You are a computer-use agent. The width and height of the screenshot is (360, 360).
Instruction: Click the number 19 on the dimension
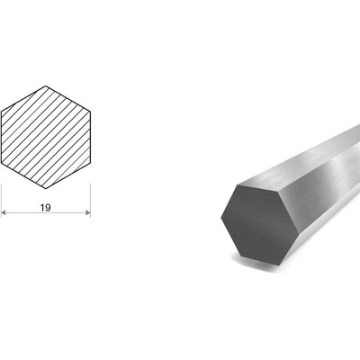[x=46, y=208]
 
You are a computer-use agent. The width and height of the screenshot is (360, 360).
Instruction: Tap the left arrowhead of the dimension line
[x=4, y=212]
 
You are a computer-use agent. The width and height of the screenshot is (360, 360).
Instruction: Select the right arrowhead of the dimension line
[x=88, y=212]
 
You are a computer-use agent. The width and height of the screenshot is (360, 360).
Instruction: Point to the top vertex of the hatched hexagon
[x=46, y=85]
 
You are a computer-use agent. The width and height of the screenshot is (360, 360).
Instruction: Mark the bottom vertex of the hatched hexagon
[x=46, y=189]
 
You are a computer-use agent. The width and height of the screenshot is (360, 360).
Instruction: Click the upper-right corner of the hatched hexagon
[x=90, y=112]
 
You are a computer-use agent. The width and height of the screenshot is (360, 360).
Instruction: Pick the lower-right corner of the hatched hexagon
[x=90, y=164]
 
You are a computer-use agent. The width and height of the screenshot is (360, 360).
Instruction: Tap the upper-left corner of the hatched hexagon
[x=2, y=112]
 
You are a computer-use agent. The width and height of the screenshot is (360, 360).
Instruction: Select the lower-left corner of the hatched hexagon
[x=2, y=164]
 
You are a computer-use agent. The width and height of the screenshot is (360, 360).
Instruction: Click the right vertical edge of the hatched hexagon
[x=90, y=138]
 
